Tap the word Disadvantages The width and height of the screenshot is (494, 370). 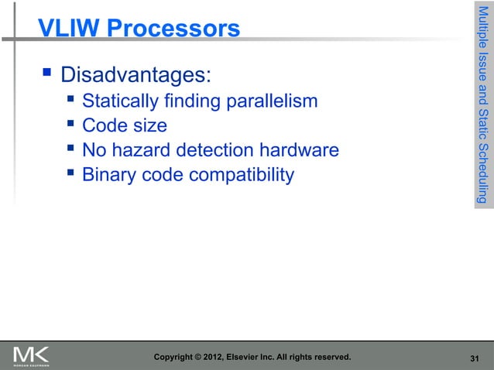coord(135,77)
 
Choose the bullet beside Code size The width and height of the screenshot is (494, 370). coord(70,124)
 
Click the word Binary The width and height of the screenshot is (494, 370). coord(109,176)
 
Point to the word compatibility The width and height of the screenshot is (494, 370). coord(239,176)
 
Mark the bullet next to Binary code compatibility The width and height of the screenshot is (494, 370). coord(70,174)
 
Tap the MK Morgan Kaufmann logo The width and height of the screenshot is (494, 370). coord(31,356)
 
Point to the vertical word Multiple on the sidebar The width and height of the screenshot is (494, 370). coord(482,28)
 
